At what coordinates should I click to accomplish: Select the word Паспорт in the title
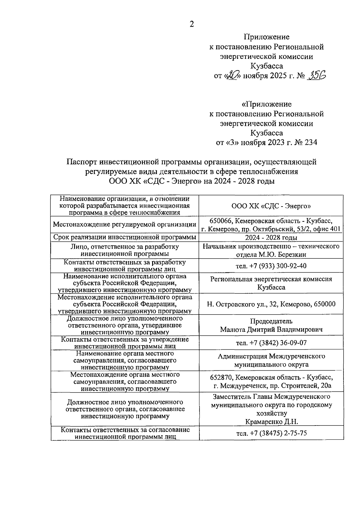(82, 162)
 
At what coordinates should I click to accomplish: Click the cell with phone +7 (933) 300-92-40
(271, 266)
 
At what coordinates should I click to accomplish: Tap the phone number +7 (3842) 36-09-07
(271, 343)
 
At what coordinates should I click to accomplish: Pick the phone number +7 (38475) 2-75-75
(271, 433)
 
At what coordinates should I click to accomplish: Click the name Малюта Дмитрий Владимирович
(271, 330)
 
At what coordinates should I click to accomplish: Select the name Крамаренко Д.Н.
(271, 422)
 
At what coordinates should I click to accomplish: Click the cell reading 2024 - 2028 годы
(271, 238)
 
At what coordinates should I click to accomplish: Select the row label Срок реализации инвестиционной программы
(125, 237)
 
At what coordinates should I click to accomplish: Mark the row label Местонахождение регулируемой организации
(125, 225)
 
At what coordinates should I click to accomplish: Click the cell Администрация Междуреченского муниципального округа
(271, 360)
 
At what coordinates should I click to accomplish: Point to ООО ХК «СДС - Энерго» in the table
(271, 206)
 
